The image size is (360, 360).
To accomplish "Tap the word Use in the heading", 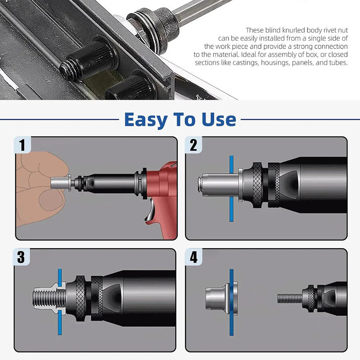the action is (x=219, y=120).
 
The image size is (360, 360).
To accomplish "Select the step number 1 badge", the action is (x=22, y=145).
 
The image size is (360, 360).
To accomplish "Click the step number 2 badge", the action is (x=193, y=145).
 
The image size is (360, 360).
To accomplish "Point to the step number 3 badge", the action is (x=21, y=257).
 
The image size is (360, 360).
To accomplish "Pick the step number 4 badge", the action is (x=194, y=257).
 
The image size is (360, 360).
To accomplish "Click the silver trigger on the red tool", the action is (x=149, y=211).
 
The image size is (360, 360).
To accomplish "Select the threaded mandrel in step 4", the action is (x=290, y=298).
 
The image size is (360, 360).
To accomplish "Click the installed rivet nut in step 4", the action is (x=221, y=298).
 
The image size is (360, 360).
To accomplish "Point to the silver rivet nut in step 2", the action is (x=220, y=185).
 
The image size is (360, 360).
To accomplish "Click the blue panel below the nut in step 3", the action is (x=60, y=322).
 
